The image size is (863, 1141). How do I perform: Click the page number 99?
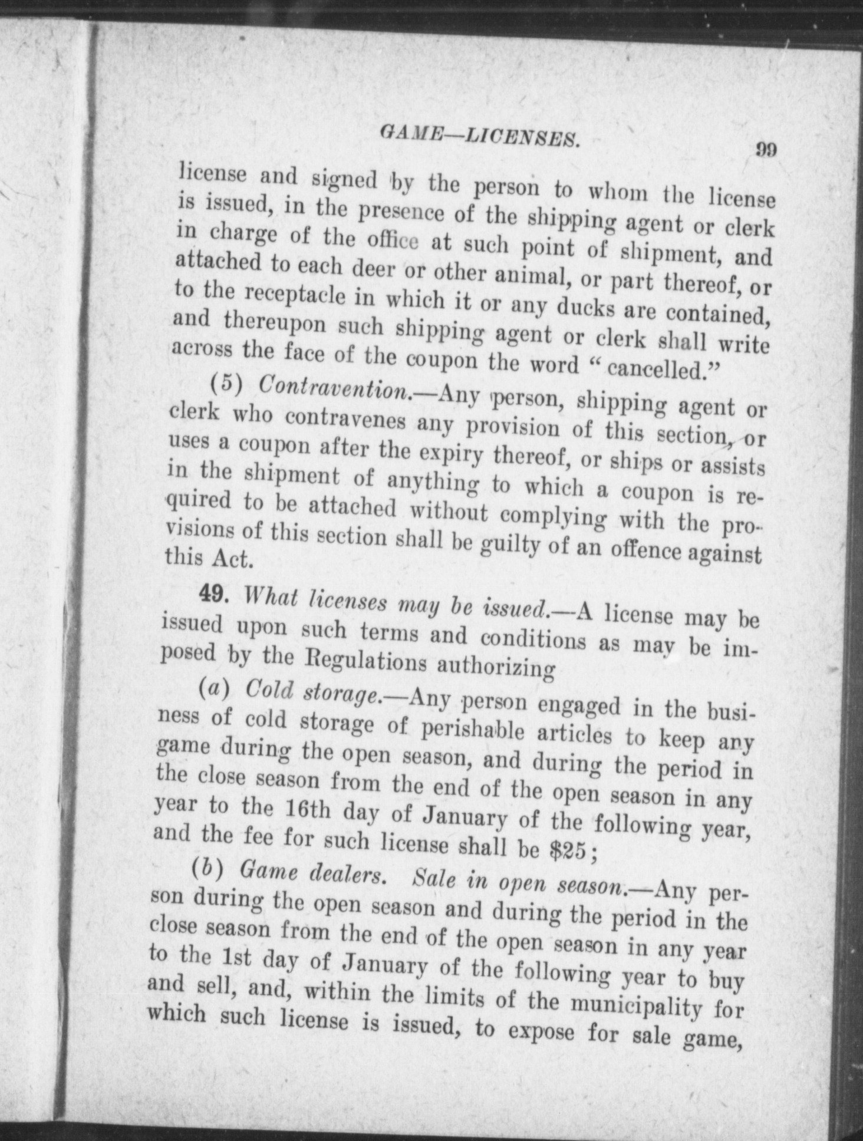click(x=766, y=149)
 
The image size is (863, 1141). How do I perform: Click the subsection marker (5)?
click(x=227, y=384)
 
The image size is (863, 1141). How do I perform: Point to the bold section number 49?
click(x=213, y=593)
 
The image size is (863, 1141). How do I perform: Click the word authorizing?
click(x=496, y=666)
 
